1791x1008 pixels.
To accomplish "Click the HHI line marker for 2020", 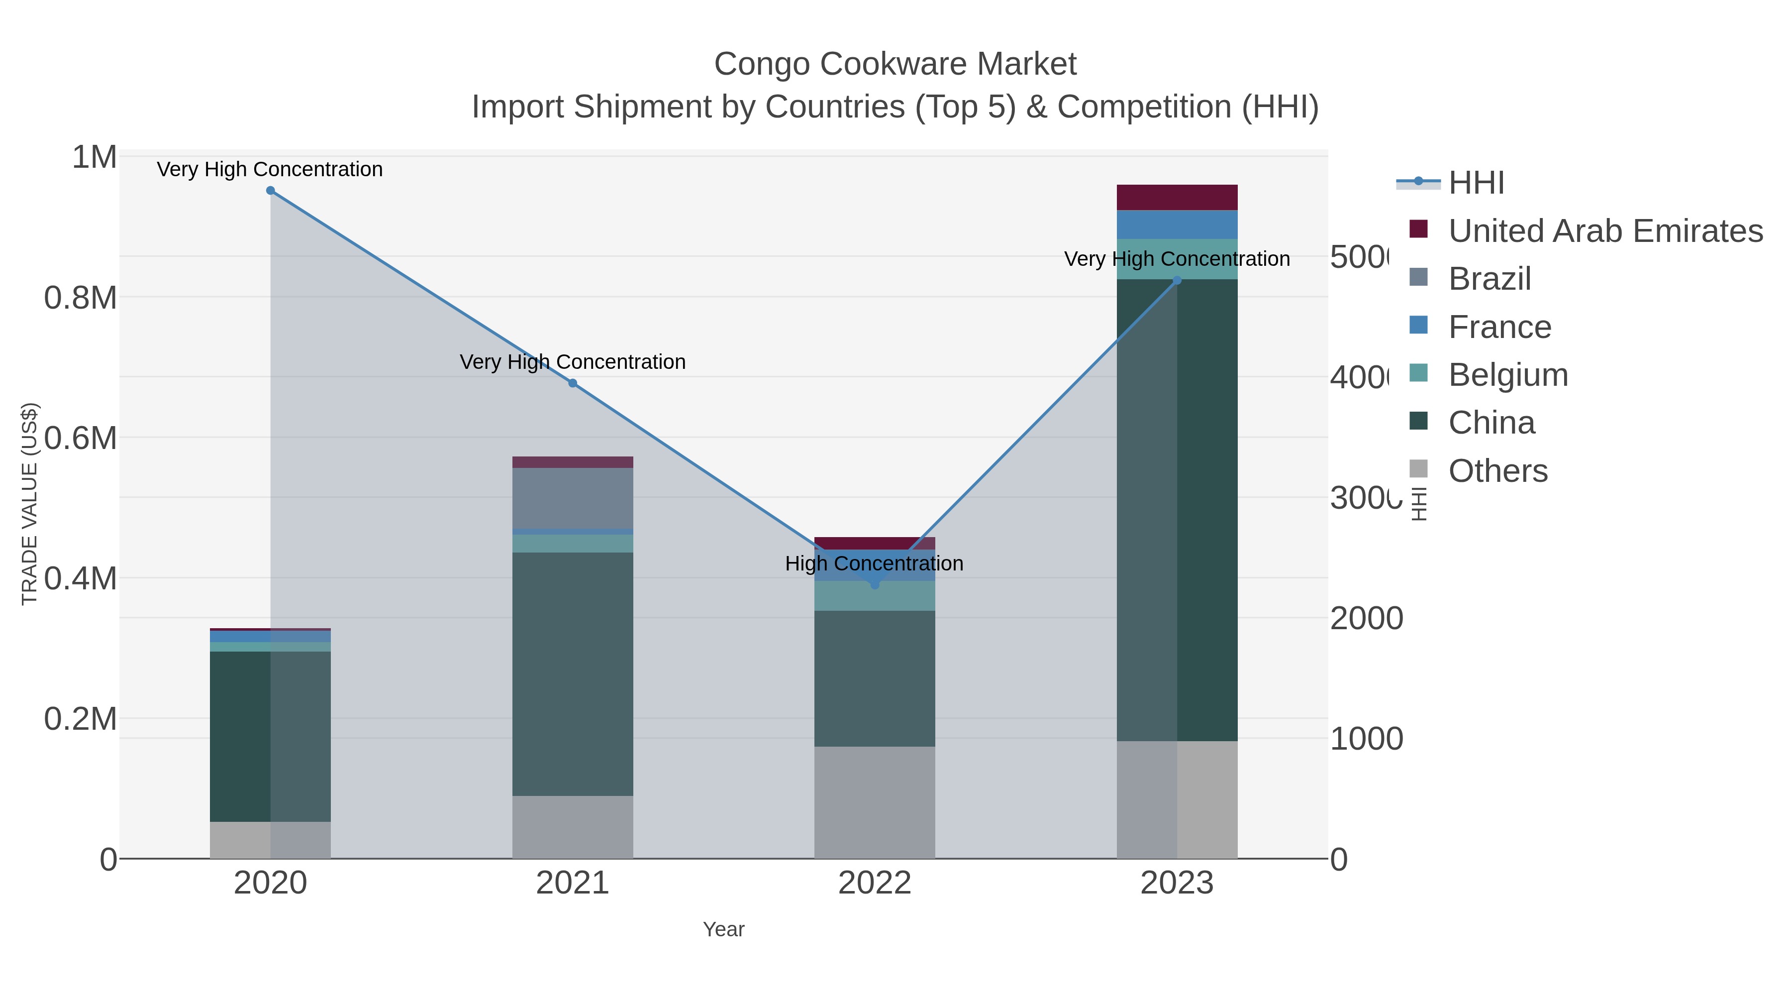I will [x=271, y=191].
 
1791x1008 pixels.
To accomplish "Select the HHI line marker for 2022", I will [x=875, y=584].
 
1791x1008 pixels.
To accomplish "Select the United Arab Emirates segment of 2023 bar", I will [x=1177, y=198].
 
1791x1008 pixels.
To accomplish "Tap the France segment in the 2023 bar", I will [x=1177, y=224].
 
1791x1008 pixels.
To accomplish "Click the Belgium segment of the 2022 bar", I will [x=875, y=596].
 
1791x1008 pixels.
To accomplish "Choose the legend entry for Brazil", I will [x=1489, y=279].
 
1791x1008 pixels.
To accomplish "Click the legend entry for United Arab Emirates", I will [x=1604, y=231].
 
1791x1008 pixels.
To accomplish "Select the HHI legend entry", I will [x=1476, y=183].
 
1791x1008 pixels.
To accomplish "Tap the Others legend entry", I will [x=1497, y=471].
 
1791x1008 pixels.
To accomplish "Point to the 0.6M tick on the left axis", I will [x=80, y=438].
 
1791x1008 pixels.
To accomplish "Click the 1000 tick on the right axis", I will [x=1366, y=739].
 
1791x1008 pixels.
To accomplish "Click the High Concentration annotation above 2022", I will [x=874, y=563].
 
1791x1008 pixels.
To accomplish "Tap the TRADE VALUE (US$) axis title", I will [x=29, y=504].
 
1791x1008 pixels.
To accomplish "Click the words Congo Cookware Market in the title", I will [x=895, y=64].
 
